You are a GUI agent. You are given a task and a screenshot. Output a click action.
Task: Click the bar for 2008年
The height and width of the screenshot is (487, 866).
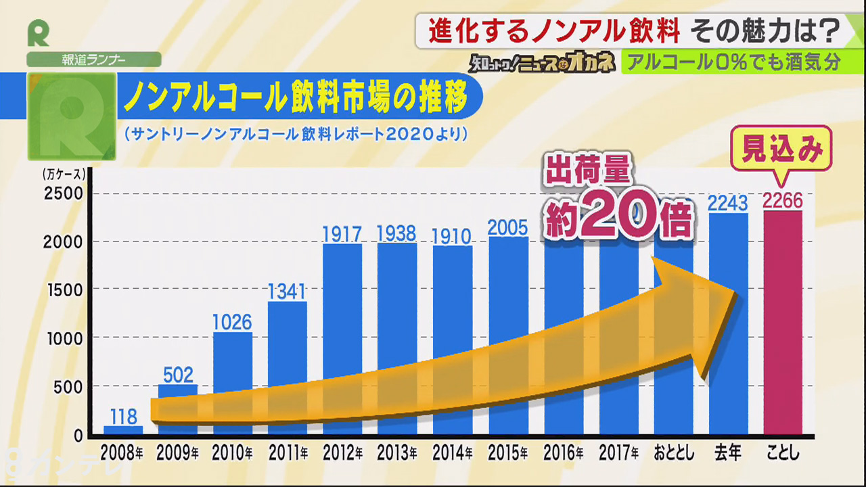[123, 430]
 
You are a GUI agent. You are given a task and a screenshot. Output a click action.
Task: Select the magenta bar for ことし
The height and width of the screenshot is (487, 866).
[783, 325]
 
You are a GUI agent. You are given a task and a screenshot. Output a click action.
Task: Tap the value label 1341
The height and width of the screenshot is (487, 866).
[287, 292]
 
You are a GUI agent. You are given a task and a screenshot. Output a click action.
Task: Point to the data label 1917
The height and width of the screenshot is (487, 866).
[342, 234]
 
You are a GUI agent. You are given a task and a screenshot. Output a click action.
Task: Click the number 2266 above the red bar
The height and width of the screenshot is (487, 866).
[783, 201]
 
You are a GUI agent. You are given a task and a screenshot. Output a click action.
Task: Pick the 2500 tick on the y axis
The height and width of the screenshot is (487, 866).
[64, 193]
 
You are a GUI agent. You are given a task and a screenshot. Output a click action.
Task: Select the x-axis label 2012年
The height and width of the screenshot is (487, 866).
[342, 451]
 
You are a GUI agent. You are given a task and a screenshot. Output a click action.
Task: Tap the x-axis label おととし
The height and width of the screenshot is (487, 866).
[673, 451]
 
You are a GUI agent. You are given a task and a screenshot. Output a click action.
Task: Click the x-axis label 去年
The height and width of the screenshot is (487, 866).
[728, 451]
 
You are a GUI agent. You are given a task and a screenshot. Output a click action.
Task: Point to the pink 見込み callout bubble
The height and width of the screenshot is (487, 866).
[782, 149]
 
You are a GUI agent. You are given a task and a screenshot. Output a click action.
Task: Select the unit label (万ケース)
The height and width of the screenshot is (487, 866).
[64, 174]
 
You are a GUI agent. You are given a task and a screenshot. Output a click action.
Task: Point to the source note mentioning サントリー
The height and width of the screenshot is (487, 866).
[296, 135]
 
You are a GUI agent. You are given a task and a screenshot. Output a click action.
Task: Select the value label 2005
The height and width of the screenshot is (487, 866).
[507, 227]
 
